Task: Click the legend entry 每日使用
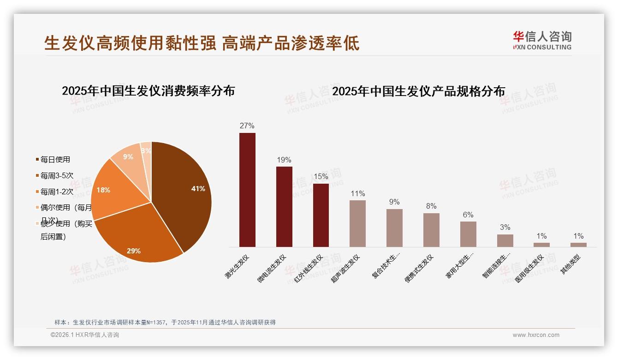tap(55, 160)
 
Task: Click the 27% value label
tap(247, 126)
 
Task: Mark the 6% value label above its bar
tap(468, 215)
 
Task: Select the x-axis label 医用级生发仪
tap(529, 268)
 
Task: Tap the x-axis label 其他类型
tap(570, 265)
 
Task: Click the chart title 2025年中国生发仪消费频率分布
tap(148, 91)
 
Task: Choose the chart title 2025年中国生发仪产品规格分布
tap(418, 91)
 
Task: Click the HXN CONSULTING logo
tap(542, 41)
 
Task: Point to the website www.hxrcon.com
tap(536, 335)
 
